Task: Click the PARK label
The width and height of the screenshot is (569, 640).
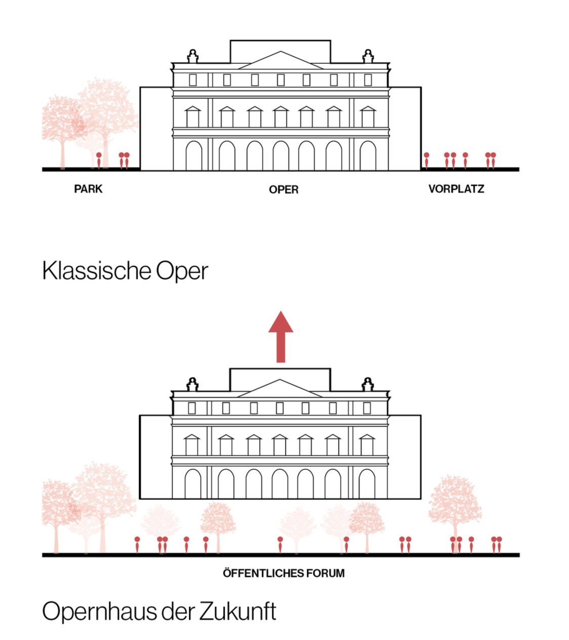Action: click(88, 189)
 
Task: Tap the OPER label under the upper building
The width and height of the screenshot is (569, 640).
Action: click(283, 189)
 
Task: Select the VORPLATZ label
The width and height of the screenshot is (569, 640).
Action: click(456, 189)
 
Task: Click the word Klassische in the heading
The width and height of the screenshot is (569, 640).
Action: click(96, 270)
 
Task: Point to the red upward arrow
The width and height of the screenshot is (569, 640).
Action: click(280, 336)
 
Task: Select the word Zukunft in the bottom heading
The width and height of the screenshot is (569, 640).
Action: click(238, 611)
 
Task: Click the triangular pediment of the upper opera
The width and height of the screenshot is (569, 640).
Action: click(280, 62)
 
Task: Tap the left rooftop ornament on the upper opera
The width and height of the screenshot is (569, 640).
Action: click(192, 56)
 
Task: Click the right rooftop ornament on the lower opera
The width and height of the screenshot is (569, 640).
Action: click(368, 385)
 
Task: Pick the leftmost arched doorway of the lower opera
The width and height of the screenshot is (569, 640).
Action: click(193, 484)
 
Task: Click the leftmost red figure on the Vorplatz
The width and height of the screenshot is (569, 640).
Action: click(427, 160)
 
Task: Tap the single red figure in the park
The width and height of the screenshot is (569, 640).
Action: click(99, 159)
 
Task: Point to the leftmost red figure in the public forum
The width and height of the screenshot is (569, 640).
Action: click(137, 544)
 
